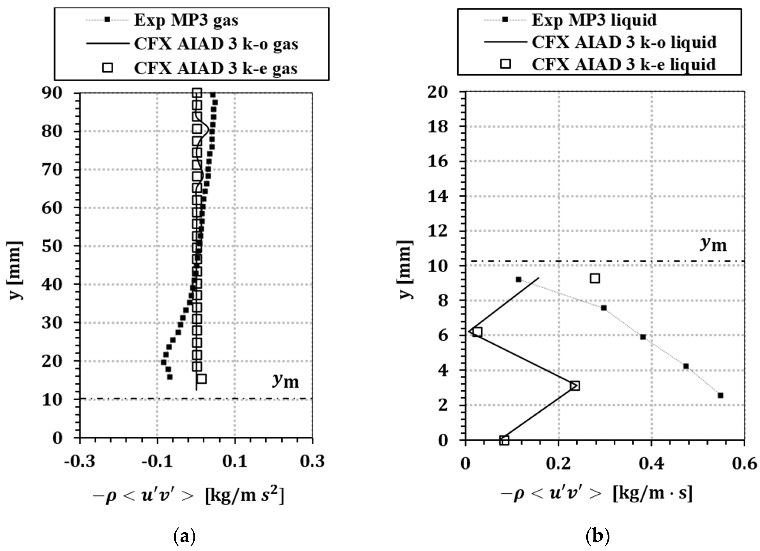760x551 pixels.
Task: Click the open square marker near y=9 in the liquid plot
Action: pos(595,278)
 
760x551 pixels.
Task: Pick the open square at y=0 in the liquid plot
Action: pos(504,440)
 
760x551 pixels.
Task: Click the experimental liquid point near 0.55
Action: pos(720,395)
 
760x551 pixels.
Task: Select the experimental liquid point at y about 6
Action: pos(643,337)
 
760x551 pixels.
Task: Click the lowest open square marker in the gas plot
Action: pos(202,379)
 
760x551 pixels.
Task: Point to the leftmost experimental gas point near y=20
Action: pos(163,362)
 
